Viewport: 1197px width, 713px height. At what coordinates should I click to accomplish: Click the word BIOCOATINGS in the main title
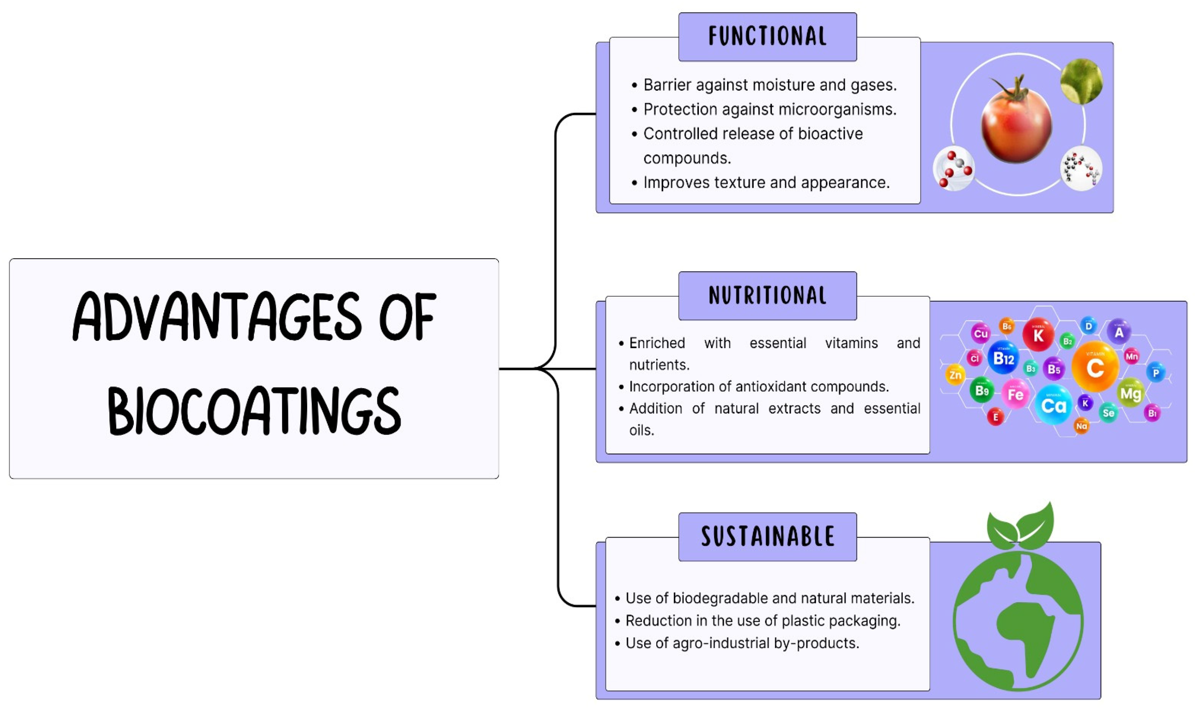254,411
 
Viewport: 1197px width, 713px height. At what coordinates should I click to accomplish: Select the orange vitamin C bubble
1095,367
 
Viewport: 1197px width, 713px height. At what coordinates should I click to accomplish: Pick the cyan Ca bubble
1053,406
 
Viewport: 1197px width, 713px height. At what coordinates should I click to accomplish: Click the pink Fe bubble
1015,394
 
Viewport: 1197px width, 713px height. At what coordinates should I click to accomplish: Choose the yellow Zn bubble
955,375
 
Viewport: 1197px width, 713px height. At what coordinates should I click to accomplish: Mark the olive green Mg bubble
1130,393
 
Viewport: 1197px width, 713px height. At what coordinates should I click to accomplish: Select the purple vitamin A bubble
1119,332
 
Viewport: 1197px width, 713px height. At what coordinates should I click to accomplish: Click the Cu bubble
981,333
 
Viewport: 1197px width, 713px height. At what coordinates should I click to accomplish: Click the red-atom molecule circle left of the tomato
954,169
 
